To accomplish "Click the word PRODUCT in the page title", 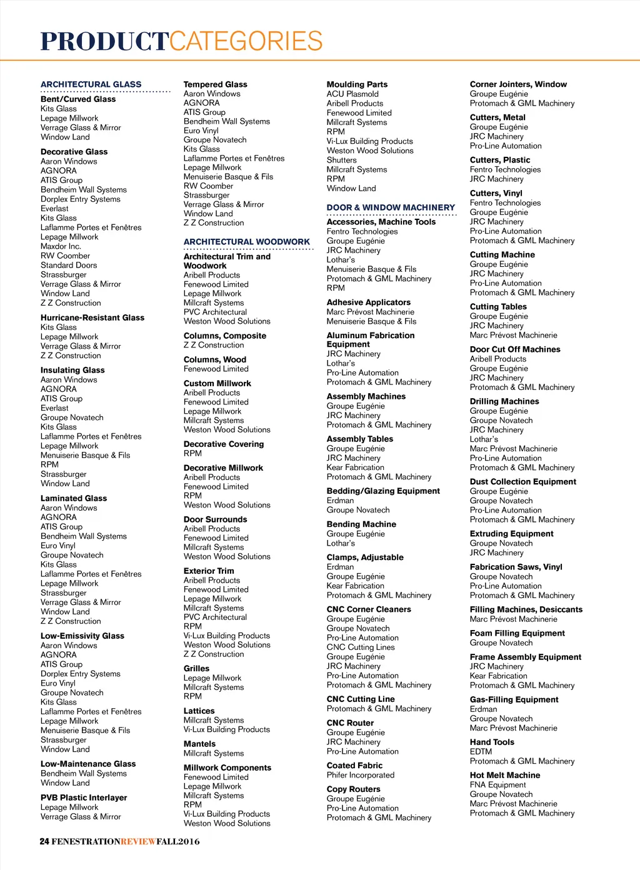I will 104,42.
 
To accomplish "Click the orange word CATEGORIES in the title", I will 246,42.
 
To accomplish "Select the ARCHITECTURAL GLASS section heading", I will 91,84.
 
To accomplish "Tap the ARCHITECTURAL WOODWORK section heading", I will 246,242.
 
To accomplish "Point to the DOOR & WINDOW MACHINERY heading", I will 391,207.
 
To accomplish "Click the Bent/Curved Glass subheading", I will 78,99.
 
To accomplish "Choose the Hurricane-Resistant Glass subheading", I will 92,317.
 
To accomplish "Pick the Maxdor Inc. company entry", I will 61,246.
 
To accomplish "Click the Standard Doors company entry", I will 69,265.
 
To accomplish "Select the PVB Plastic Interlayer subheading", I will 84,797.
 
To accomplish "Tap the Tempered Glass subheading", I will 215,84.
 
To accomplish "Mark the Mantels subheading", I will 199,744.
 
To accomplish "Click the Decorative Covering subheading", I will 224,444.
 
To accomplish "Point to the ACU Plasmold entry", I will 352,94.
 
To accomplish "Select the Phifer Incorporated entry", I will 361,775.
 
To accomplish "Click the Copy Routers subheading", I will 353,789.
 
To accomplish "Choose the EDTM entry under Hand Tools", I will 481,752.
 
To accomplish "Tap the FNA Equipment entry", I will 497,785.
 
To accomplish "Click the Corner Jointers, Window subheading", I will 518,84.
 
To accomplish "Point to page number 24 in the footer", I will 44,841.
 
